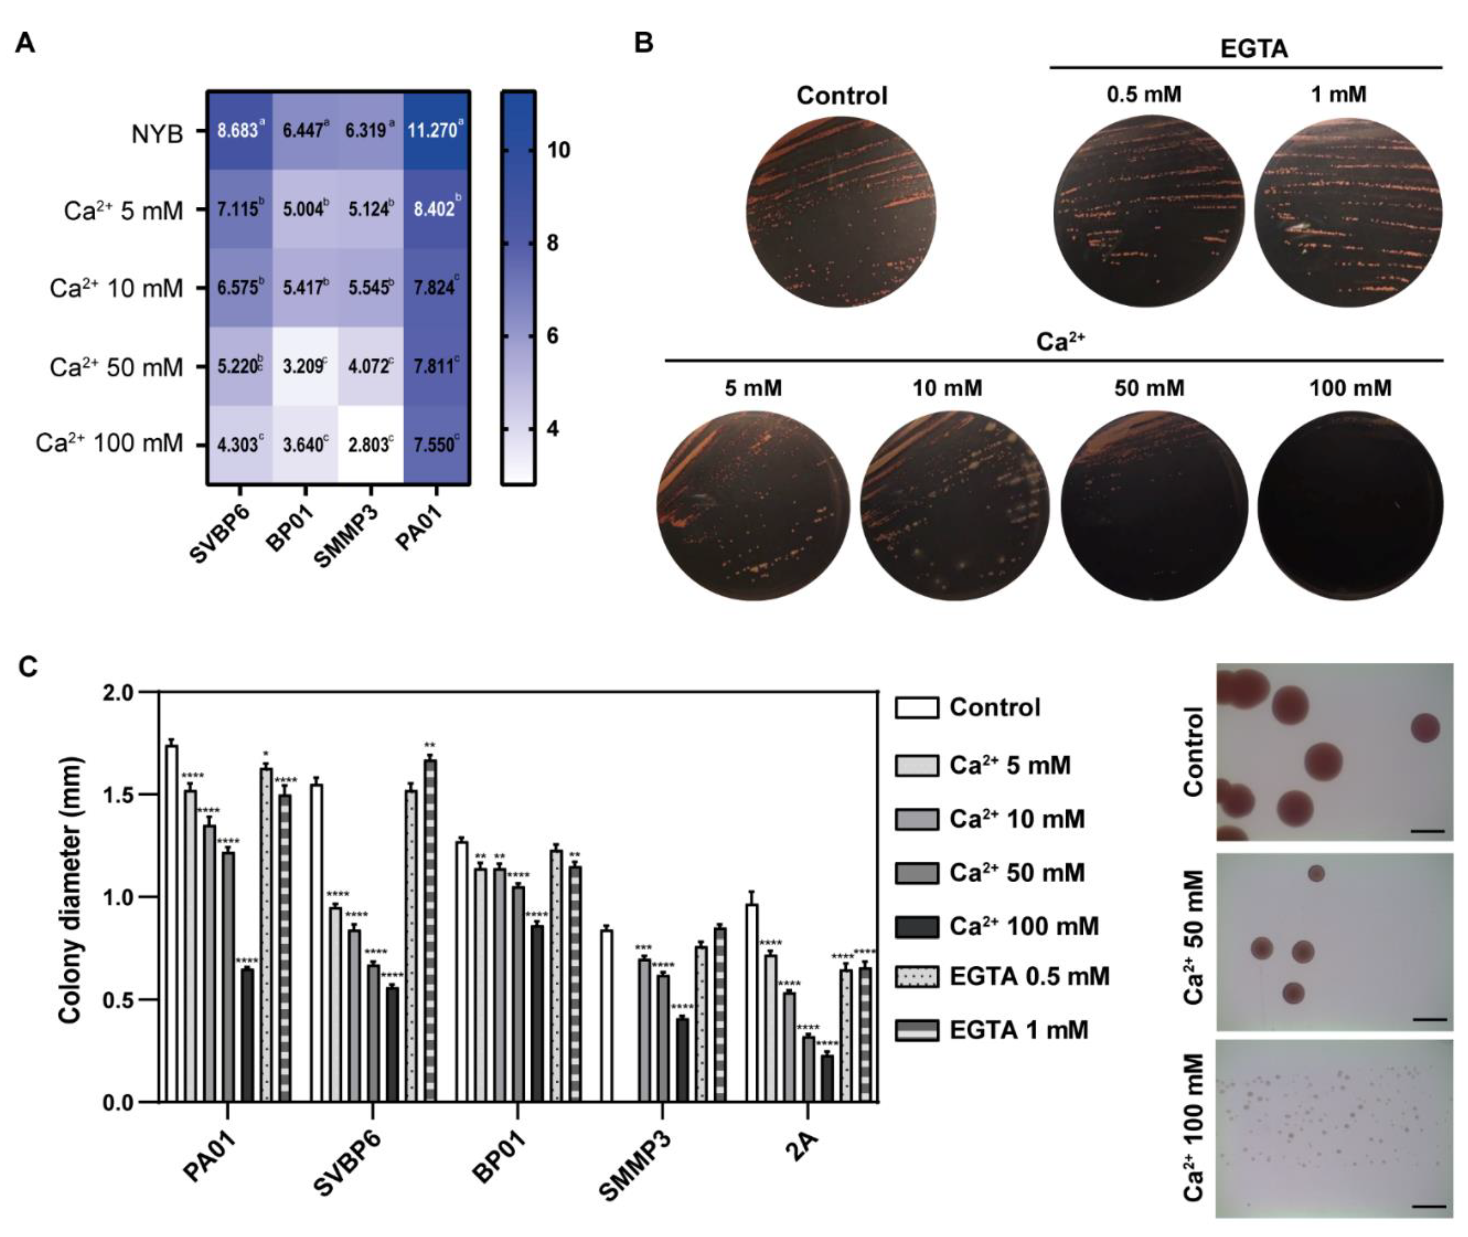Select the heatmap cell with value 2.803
370,445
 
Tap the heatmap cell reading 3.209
304,366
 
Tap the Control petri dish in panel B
841,212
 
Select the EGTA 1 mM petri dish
1347,212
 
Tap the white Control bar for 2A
751,1003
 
